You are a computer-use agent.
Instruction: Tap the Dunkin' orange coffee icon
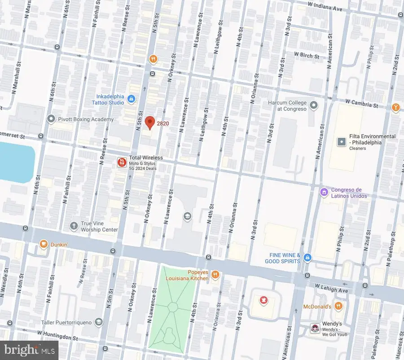[44, 244]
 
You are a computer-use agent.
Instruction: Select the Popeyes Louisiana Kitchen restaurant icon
[215, 274]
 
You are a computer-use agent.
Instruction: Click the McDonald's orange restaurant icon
[338, 306]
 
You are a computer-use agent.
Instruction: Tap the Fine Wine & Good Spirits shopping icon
[307, 258]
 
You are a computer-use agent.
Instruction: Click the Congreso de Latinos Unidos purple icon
[324, 192]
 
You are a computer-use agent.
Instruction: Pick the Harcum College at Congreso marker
[314, 105]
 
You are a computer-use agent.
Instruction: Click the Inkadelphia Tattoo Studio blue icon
[131, 99]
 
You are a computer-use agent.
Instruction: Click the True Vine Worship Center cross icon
[74, 226]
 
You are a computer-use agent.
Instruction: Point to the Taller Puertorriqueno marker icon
[99, 322]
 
